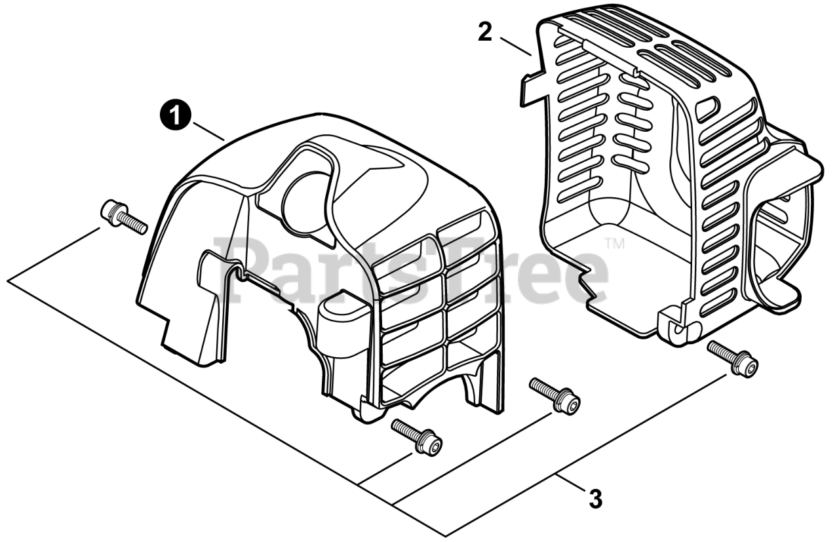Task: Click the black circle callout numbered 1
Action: pyautogui.click(x=174, y=116)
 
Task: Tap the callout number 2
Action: pyautogui.click(x=484, y=31)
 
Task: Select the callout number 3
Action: pyautogui.click(x=595, y=500)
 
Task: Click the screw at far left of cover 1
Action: pyautogui.click(x=123, y=216)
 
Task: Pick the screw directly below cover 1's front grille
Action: pyautogui.click(x=416, y=436)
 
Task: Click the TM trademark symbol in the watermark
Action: pyautogui.click(x=614, y=244)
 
